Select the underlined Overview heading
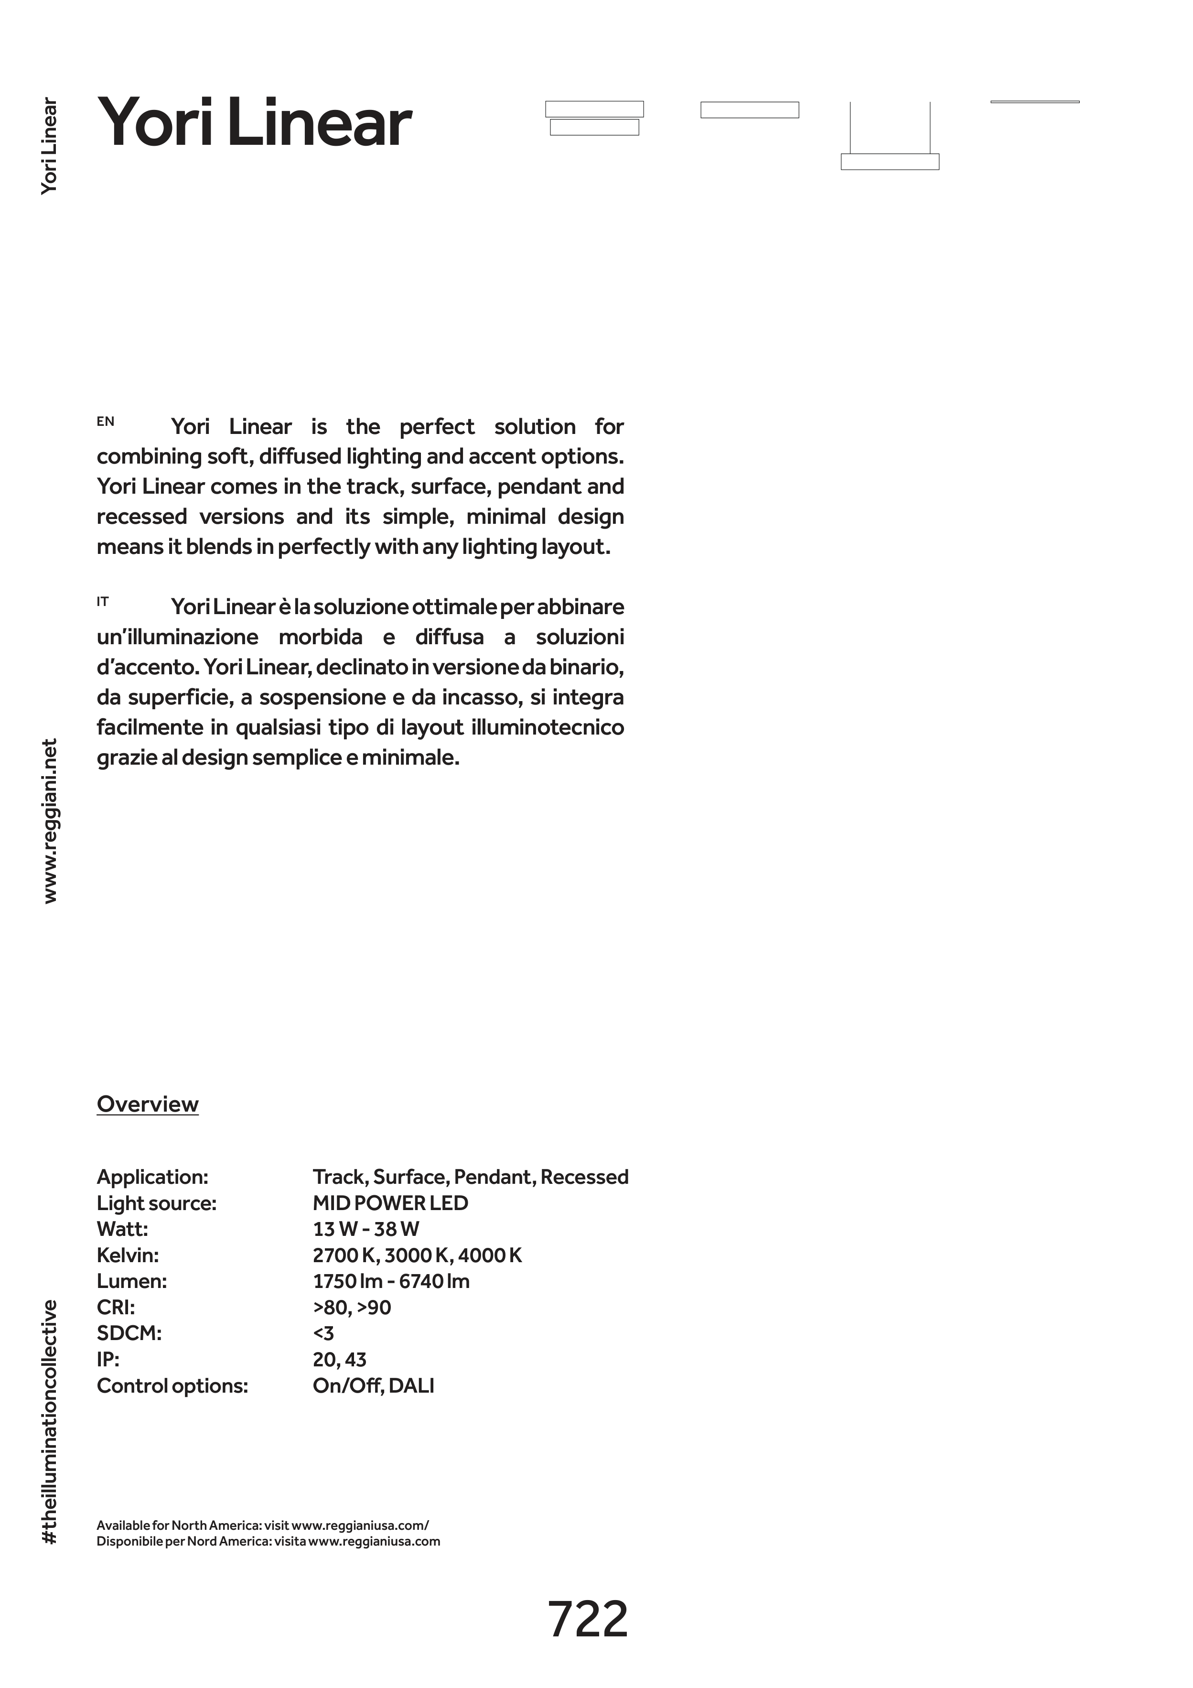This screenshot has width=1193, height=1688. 148,1104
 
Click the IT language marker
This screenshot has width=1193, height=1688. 103,601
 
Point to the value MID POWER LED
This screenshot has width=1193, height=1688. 390,1203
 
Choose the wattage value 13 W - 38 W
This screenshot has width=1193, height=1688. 366,1229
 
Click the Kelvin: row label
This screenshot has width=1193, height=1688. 128,1255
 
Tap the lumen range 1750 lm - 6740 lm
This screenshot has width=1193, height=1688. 391,1281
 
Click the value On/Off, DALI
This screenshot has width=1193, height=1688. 374,1386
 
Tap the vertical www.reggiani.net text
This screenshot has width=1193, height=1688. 50,821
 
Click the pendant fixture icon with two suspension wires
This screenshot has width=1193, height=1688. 890,137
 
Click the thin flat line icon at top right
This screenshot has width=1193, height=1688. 1034,101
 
